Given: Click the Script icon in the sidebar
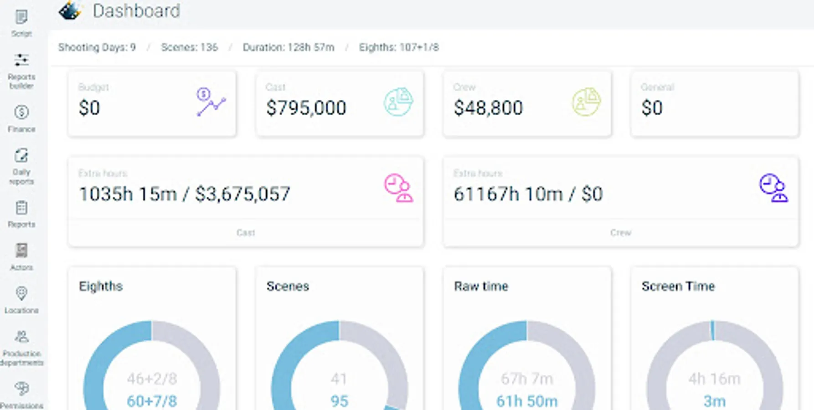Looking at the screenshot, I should point(21,18).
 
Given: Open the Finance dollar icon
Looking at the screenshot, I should point(21,113).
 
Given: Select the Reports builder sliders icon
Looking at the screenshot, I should point(21,60).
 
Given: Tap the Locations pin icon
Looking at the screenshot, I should point(21,293).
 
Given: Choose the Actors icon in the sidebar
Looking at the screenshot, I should point(21,251).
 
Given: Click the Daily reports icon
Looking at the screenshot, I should point(21,156).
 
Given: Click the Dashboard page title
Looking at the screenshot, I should point(136,11).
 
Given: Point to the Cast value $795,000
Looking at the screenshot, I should point(306,108).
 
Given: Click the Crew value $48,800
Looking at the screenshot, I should point(488,108).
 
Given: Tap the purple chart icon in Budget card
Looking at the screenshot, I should point(211,102).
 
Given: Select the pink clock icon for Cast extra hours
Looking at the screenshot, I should point(398,188).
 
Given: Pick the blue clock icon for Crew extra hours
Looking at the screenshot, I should point(773,188).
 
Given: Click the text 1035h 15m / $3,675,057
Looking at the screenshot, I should point(185,194).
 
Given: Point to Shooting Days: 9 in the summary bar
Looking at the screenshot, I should point(97,47).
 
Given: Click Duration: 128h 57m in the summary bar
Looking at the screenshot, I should point(289,47).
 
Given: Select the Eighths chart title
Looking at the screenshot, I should point(101,286).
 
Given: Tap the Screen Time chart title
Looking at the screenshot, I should point(678,286).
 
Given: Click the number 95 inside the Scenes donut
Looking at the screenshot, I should point(339,401).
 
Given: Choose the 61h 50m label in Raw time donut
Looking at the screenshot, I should point(527,401).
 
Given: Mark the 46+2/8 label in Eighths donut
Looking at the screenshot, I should point(152,379).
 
